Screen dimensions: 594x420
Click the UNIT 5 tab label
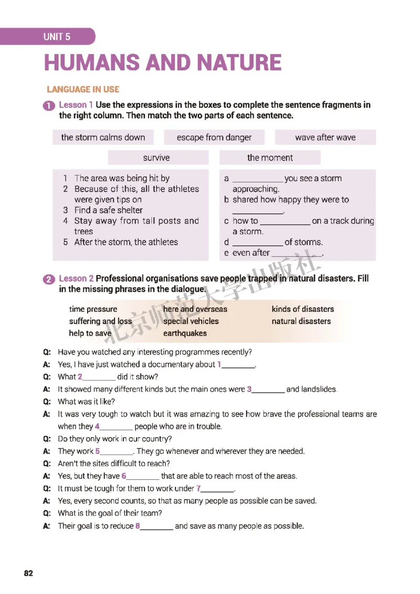(x=57, y=37)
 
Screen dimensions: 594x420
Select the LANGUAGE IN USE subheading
(x=83, y=89)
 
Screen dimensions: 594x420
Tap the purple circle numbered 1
(x=50, y=106)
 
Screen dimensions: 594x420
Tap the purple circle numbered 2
(x=50, y=279)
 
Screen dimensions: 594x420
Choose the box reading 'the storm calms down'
(x=103, y=137)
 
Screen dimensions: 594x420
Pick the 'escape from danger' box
(x=214, y=137)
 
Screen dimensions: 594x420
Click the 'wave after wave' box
(x=325, y=137)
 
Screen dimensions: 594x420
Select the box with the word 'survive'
(x=156, y=157)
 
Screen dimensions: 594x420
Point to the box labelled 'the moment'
(x=270, y=157)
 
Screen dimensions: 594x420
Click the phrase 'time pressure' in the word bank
(x=93, y=309)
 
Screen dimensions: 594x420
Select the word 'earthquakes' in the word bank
(x=185, y=333)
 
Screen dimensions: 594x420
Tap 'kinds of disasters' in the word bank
(x=302, y=309)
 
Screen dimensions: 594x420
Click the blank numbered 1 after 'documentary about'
(x=238, y=365)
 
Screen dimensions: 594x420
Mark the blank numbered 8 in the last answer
(x=156, y=526)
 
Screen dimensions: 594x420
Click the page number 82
(x=28, y=573)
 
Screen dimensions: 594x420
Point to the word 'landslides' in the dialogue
(x=319, y=389)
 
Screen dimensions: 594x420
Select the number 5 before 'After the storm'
(x=66, y=242)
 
